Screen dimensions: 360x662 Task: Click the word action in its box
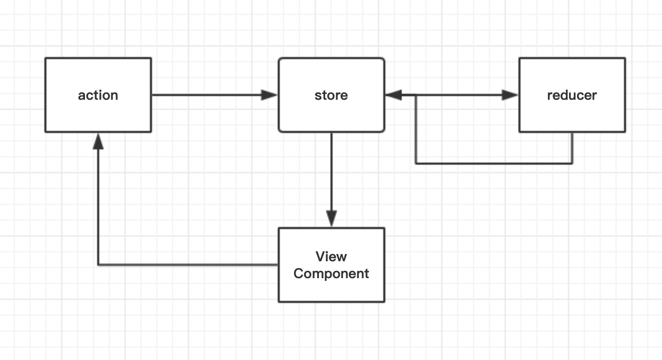[x=98, y=95]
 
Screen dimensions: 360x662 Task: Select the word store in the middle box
[x=331, y=95]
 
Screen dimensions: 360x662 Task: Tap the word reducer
[x=572, y=95]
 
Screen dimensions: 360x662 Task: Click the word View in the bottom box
[x=331, y=257]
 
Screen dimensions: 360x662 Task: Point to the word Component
[x=331, y=273]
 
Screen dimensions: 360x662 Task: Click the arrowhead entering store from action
[x=270, y=95]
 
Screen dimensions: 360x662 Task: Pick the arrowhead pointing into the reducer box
[x=510, y=95]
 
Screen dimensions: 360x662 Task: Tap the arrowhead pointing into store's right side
[x=394, y=95]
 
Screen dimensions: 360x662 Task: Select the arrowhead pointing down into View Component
[x=332, y=218]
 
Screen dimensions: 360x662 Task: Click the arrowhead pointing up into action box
[x=98, y=140]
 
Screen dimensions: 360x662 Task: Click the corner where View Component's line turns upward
[x=98, y=264]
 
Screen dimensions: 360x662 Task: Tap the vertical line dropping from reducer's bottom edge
[x=572, y=148]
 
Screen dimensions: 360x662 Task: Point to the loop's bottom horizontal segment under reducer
[x=494, y=164]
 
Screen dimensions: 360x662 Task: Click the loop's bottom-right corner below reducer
[x=572, y=164]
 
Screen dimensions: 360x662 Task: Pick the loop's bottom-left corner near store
[x=416, y=164]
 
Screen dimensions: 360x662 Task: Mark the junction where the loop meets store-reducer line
[x=416, y=95]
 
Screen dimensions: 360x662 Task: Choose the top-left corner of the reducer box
[x=519, y=59]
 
